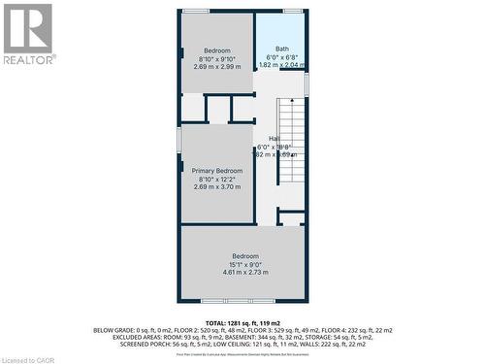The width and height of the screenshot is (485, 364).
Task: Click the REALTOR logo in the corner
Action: tap(28, 33)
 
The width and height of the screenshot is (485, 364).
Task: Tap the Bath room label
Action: tap(281, 50)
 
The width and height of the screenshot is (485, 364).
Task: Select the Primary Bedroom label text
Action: tap(216, 170)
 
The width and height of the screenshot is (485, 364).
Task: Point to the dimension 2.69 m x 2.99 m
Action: tap(216, 68)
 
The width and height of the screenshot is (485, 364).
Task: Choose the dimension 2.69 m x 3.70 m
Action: tap(216, 186)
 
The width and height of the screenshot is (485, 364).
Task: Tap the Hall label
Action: tap(275, 139)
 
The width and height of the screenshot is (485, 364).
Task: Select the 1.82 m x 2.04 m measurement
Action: tap(281, 65)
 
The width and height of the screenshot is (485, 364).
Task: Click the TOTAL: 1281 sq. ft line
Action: tap(242, 321)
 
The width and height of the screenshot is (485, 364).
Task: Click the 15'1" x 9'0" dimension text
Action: tap(244, 264)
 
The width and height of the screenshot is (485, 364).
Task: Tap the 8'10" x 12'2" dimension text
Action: tap(216, 179)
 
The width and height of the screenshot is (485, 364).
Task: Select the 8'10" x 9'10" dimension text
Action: tap(216, 59)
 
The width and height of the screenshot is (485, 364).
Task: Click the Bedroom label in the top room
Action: tap(216, 50)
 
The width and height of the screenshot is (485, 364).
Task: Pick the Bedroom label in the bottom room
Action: tap(244, 255)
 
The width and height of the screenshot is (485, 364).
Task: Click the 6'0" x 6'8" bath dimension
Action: tap(281, 57)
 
